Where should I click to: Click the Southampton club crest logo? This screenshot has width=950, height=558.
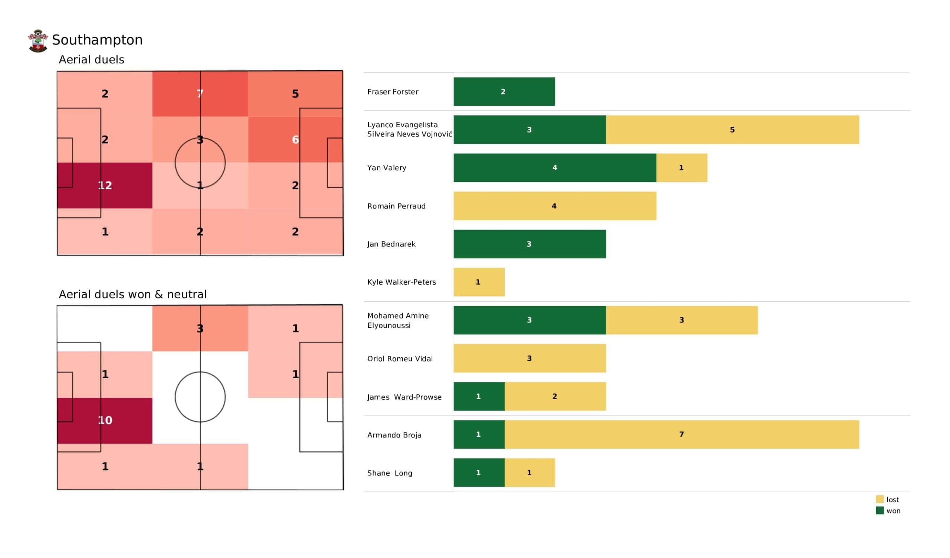point(38,41)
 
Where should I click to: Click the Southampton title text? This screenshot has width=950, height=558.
point(97,40)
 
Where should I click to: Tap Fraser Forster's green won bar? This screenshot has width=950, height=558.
point(504,92)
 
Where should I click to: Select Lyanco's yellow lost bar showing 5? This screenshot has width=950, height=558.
point(732,130)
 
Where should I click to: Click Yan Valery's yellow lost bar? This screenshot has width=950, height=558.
point(682,168)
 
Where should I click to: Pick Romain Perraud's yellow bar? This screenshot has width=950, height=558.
point(554,206)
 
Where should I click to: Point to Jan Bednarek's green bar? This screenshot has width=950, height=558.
point(530,244)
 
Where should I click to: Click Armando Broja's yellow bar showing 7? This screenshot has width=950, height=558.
point(682,434)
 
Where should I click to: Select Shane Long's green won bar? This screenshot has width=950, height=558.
point(479,472)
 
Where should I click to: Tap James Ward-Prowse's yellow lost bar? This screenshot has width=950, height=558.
point(555,396)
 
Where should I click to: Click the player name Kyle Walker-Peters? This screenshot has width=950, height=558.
point(402,282)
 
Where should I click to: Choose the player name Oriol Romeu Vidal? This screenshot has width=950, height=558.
point(400,358)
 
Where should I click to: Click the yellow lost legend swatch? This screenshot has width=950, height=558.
point(879,499)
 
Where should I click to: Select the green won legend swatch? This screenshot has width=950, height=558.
point(879,511)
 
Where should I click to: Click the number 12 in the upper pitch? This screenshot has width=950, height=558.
point(105,186)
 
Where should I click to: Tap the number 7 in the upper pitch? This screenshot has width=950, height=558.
point(200,93)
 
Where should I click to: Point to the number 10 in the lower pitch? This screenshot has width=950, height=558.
point(105,420)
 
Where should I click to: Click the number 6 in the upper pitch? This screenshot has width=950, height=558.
point(295,140)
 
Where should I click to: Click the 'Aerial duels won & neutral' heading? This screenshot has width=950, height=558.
point(133,294)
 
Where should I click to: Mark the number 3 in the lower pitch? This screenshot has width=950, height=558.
point(200,328)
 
